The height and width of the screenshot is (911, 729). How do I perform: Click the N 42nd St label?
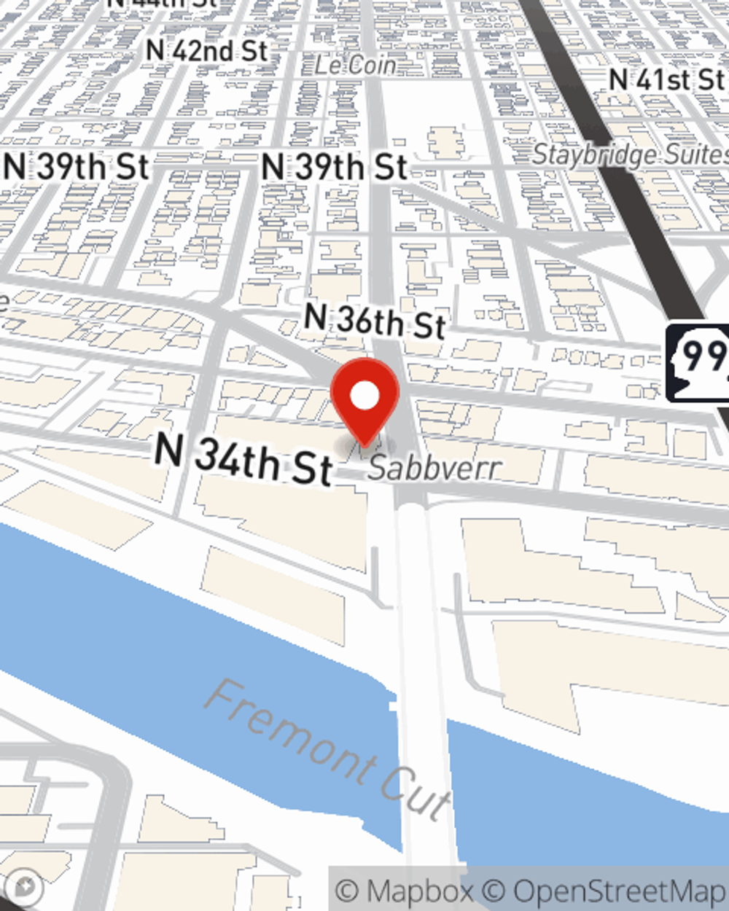(207, 50)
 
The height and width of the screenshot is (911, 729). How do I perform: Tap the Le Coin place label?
(355, 65)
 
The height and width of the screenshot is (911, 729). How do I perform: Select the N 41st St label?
(666, 79)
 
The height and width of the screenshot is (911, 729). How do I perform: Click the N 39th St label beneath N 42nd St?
(76, 167)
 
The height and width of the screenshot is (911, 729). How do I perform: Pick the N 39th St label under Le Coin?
(335, 167)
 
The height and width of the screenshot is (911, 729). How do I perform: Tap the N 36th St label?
(375, 321)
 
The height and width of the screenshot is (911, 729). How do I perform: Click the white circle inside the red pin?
(364, 396)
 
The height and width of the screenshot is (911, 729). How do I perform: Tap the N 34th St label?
(243, 460)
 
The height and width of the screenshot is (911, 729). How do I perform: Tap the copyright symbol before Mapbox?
(348, 891)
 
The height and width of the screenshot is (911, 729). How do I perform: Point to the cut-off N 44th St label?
(162, 3)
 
